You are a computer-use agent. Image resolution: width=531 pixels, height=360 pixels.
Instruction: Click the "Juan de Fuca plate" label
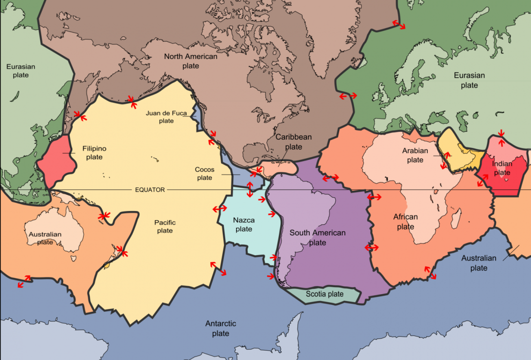click(x=166, y=117)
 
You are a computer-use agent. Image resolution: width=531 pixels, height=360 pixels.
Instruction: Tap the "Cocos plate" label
click(x=205, y=174)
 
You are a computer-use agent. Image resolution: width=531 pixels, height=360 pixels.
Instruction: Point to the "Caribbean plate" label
click(x=294, y=142)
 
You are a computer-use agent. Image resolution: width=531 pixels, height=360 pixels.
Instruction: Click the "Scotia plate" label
click(x=324, y=294)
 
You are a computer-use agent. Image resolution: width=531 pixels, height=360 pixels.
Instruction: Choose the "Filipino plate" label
click(x=94, y=152)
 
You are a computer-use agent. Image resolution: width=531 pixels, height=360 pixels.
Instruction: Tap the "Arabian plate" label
click(x=415, y=155)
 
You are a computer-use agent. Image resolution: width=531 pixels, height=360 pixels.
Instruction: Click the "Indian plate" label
click(x=502, y=168)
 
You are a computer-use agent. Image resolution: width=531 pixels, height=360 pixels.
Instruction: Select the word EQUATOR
click(x=150, y=190)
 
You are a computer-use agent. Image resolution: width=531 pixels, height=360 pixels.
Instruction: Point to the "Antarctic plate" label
click(x=221, y=329)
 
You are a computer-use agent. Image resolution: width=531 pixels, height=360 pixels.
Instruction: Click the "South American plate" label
click(x=318, y=238)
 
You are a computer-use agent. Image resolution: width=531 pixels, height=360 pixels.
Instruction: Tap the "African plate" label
click(x=406, y=222)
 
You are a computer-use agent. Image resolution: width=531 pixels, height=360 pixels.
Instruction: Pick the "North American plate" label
click(x=191, y=61)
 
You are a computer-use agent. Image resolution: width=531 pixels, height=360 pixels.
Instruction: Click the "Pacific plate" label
click(x=165, y=226)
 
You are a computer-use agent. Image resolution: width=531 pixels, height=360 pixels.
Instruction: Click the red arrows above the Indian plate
click(x=501, y=135)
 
